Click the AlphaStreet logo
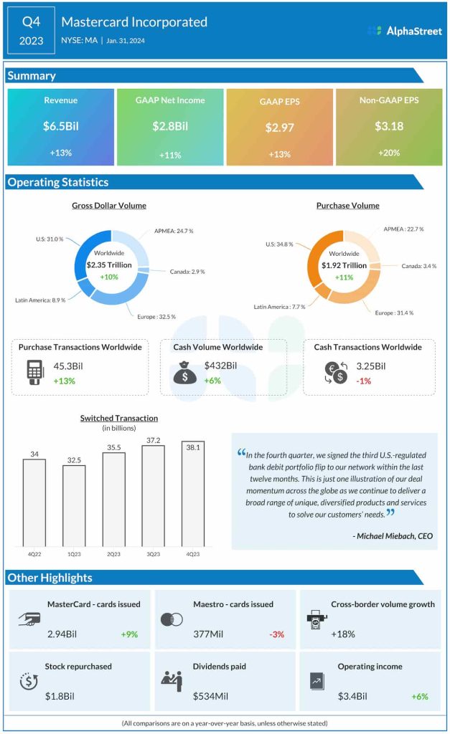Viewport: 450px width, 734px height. coord(404,31)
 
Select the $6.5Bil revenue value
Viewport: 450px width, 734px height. coord(60,126)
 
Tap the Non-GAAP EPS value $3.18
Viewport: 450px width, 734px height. coord(389,126)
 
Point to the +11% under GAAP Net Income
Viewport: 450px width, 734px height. coord(169,155)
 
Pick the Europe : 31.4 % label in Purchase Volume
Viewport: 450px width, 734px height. coord(393,313)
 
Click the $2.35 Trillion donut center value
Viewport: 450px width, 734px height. coord(110,265)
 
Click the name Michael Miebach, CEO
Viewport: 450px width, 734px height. coord(393,535)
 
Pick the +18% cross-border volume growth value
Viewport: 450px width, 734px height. coord(342,634)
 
